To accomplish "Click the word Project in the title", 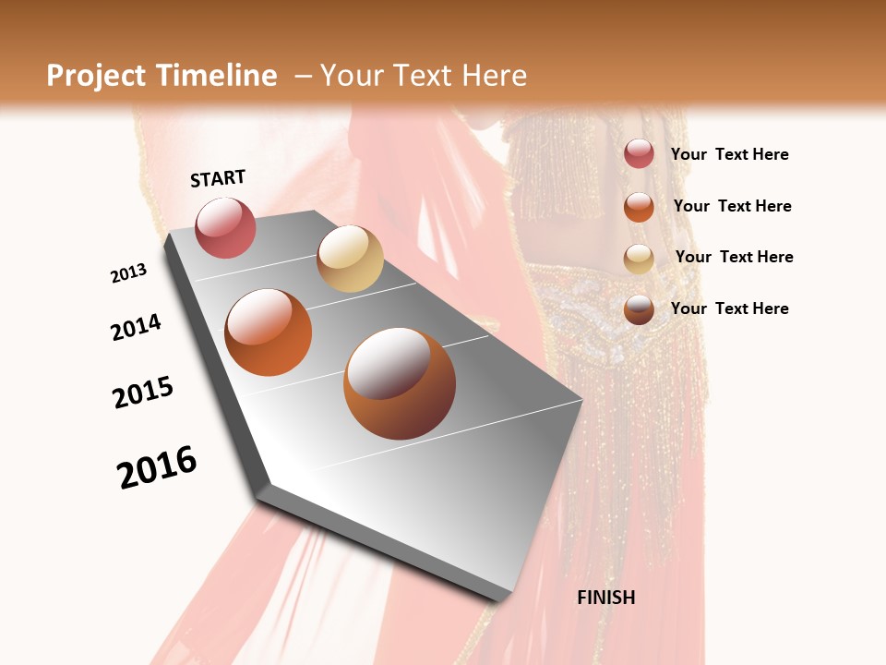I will coord(95,76).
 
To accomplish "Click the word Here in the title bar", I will coord(494,76).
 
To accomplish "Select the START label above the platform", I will coord(218,178).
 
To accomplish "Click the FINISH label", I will coord(605,598).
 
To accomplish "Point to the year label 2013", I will coord(129,273).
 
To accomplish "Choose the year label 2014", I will coord(137,327).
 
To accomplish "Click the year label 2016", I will coord(157,467).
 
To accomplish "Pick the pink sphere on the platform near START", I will coord(226,227).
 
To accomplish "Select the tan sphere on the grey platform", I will coord(350,259).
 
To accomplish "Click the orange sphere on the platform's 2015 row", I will coord(269,332).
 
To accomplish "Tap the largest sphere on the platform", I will coord(399,383).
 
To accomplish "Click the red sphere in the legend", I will coord(639,154).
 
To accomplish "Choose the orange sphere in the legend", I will coord(639,207).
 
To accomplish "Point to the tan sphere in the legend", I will coord(639,259).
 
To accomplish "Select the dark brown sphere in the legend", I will coord(639,309).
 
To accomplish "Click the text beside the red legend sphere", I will coord(729,155).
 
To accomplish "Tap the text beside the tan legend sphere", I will coord(734,257).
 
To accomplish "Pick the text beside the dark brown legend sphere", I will coord(729,308).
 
